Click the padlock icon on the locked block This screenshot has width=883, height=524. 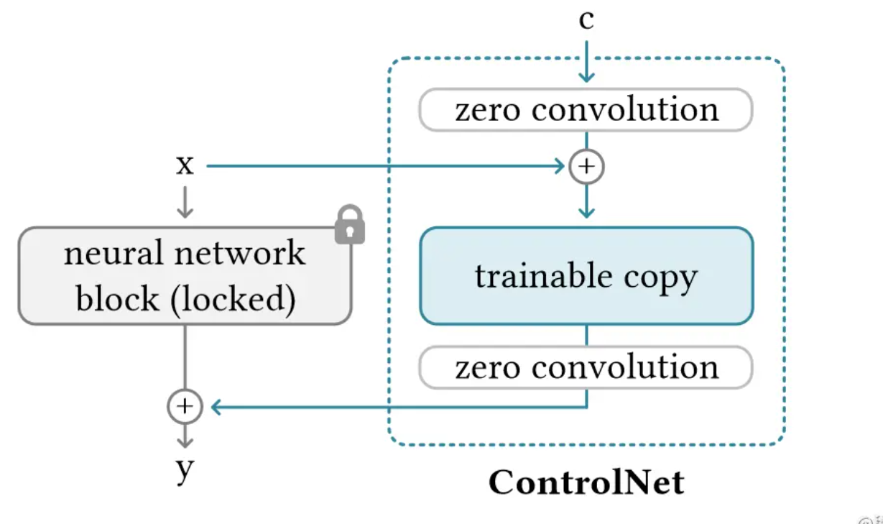click(350, 225)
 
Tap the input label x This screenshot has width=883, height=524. click(185, 166)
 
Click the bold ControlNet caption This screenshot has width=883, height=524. click(586, 482)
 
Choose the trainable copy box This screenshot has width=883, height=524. click(586, 275)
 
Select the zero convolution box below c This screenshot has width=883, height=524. click(586, 109)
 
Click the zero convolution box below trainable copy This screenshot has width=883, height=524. click(586, 367)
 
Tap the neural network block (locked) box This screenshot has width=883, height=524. click(185, 276)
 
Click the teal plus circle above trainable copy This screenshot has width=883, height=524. click(586, 167)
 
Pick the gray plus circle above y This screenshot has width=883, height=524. click(185, 407)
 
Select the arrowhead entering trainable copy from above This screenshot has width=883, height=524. click(586, 212)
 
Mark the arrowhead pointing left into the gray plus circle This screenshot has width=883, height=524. click(216, 408)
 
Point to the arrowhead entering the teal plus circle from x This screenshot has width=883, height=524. click(560, 167)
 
